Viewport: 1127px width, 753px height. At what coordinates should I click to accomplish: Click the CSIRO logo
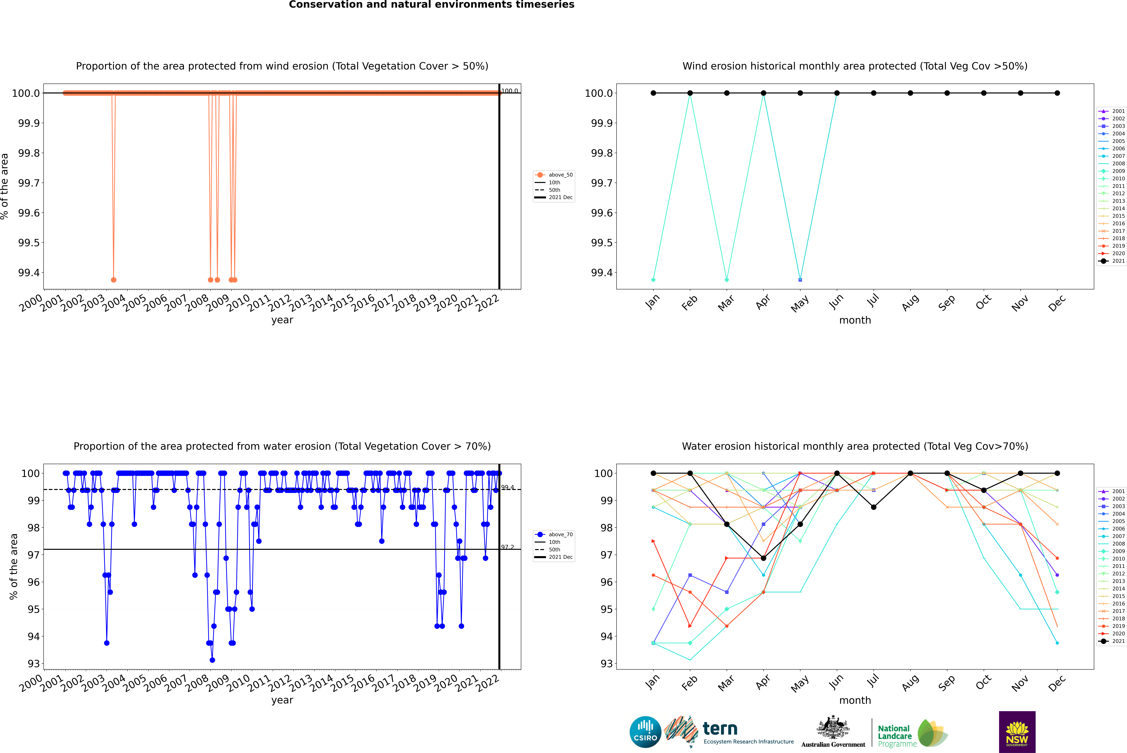pos(645,732)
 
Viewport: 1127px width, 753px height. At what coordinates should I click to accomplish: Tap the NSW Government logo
pos(1017,732)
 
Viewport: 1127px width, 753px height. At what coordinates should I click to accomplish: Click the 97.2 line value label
pos(507,547)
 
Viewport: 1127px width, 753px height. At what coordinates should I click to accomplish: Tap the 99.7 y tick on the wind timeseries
pos(29,183)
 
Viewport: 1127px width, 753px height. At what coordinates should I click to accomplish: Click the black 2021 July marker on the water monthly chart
pos(873,507)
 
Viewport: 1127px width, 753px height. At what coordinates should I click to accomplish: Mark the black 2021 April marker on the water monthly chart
pos(763,558)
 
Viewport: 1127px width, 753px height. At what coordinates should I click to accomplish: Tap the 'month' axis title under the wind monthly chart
pos(855,320)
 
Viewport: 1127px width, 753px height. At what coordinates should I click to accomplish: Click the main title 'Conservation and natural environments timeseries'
pos(431,5)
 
